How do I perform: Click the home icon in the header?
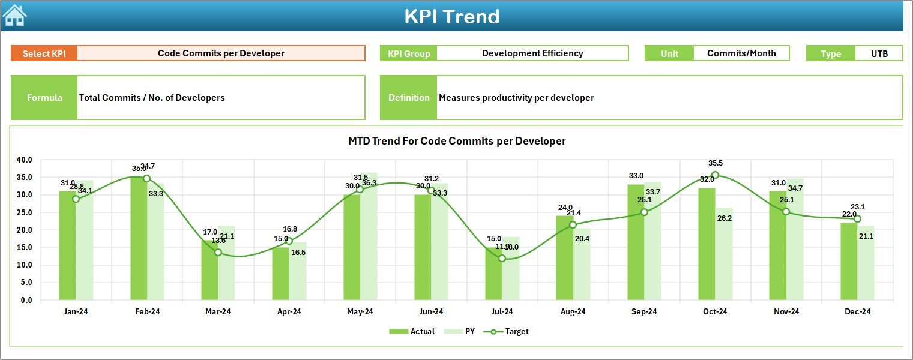14,15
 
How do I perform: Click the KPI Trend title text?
451,16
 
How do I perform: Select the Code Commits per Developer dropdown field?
221,53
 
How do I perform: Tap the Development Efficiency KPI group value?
532,53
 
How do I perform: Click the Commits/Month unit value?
741,53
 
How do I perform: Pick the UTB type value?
879,53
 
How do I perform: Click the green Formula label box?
44,98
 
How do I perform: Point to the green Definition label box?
408,98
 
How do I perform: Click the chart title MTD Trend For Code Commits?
457,141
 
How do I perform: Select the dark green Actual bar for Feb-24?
139,240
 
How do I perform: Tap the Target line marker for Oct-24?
715,175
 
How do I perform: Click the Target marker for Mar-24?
218,253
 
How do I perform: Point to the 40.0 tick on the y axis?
25,160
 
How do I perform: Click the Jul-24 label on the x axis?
502,311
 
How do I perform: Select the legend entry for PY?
463,331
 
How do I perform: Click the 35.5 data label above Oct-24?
715,163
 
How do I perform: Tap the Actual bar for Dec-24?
849,262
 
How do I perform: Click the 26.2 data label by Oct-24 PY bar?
724,218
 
